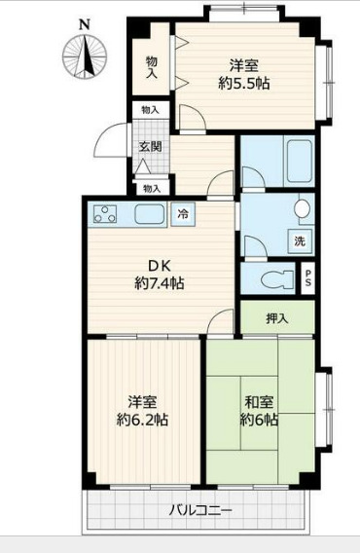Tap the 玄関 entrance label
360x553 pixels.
coord(150,147)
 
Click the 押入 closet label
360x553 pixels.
coord(276,316)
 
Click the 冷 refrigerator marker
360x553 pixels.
coord(182,213)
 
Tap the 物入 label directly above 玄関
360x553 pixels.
coord(151,111)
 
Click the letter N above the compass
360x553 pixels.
coord(85,22)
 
